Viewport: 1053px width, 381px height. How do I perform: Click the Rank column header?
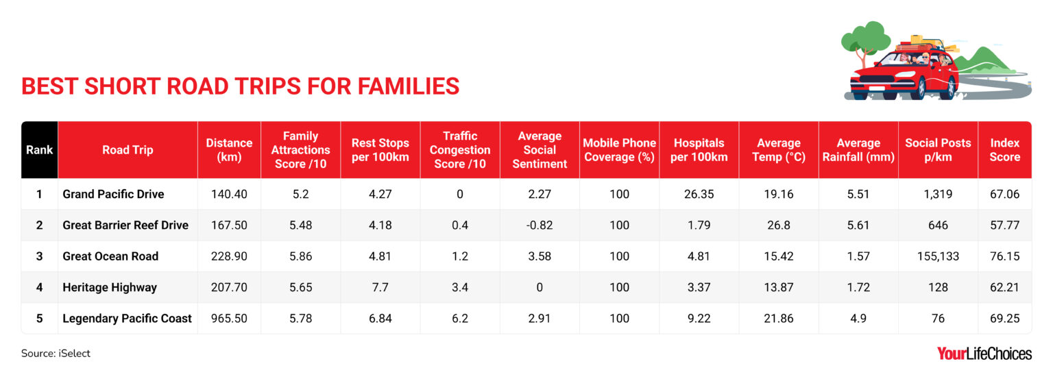coord(40,150)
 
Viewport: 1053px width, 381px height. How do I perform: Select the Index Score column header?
coord(1004,150)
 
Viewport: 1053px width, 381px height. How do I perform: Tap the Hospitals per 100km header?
coord(699,150)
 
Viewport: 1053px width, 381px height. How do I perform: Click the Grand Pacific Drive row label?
coord(113,194)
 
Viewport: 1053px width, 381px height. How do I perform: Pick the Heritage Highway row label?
coord(110,288)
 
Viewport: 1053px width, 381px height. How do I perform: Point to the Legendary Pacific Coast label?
coord(127,319)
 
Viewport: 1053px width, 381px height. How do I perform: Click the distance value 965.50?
coord(229,319)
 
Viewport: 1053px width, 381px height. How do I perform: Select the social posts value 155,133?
coord(938,256)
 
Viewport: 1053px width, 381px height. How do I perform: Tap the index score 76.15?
coord(1004,256)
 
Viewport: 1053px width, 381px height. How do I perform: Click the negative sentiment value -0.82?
coord(540,225)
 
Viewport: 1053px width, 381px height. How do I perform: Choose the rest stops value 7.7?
coord(380,288)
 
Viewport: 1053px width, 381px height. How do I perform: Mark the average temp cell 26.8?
coord(779,225)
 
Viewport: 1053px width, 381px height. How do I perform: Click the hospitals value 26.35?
coord(699,194)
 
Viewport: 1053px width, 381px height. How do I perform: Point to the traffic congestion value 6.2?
coord(460,319)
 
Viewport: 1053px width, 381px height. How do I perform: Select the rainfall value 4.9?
coord(858,319)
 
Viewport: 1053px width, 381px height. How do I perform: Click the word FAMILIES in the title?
coord(409,86)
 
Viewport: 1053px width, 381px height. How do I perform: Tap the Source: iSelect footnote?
coord(56,354)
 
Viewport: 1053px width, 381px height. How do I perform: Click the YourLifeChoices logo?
coord(984,354)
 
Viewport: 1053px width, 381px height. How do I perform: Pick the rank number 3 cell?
coord(40,256)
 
